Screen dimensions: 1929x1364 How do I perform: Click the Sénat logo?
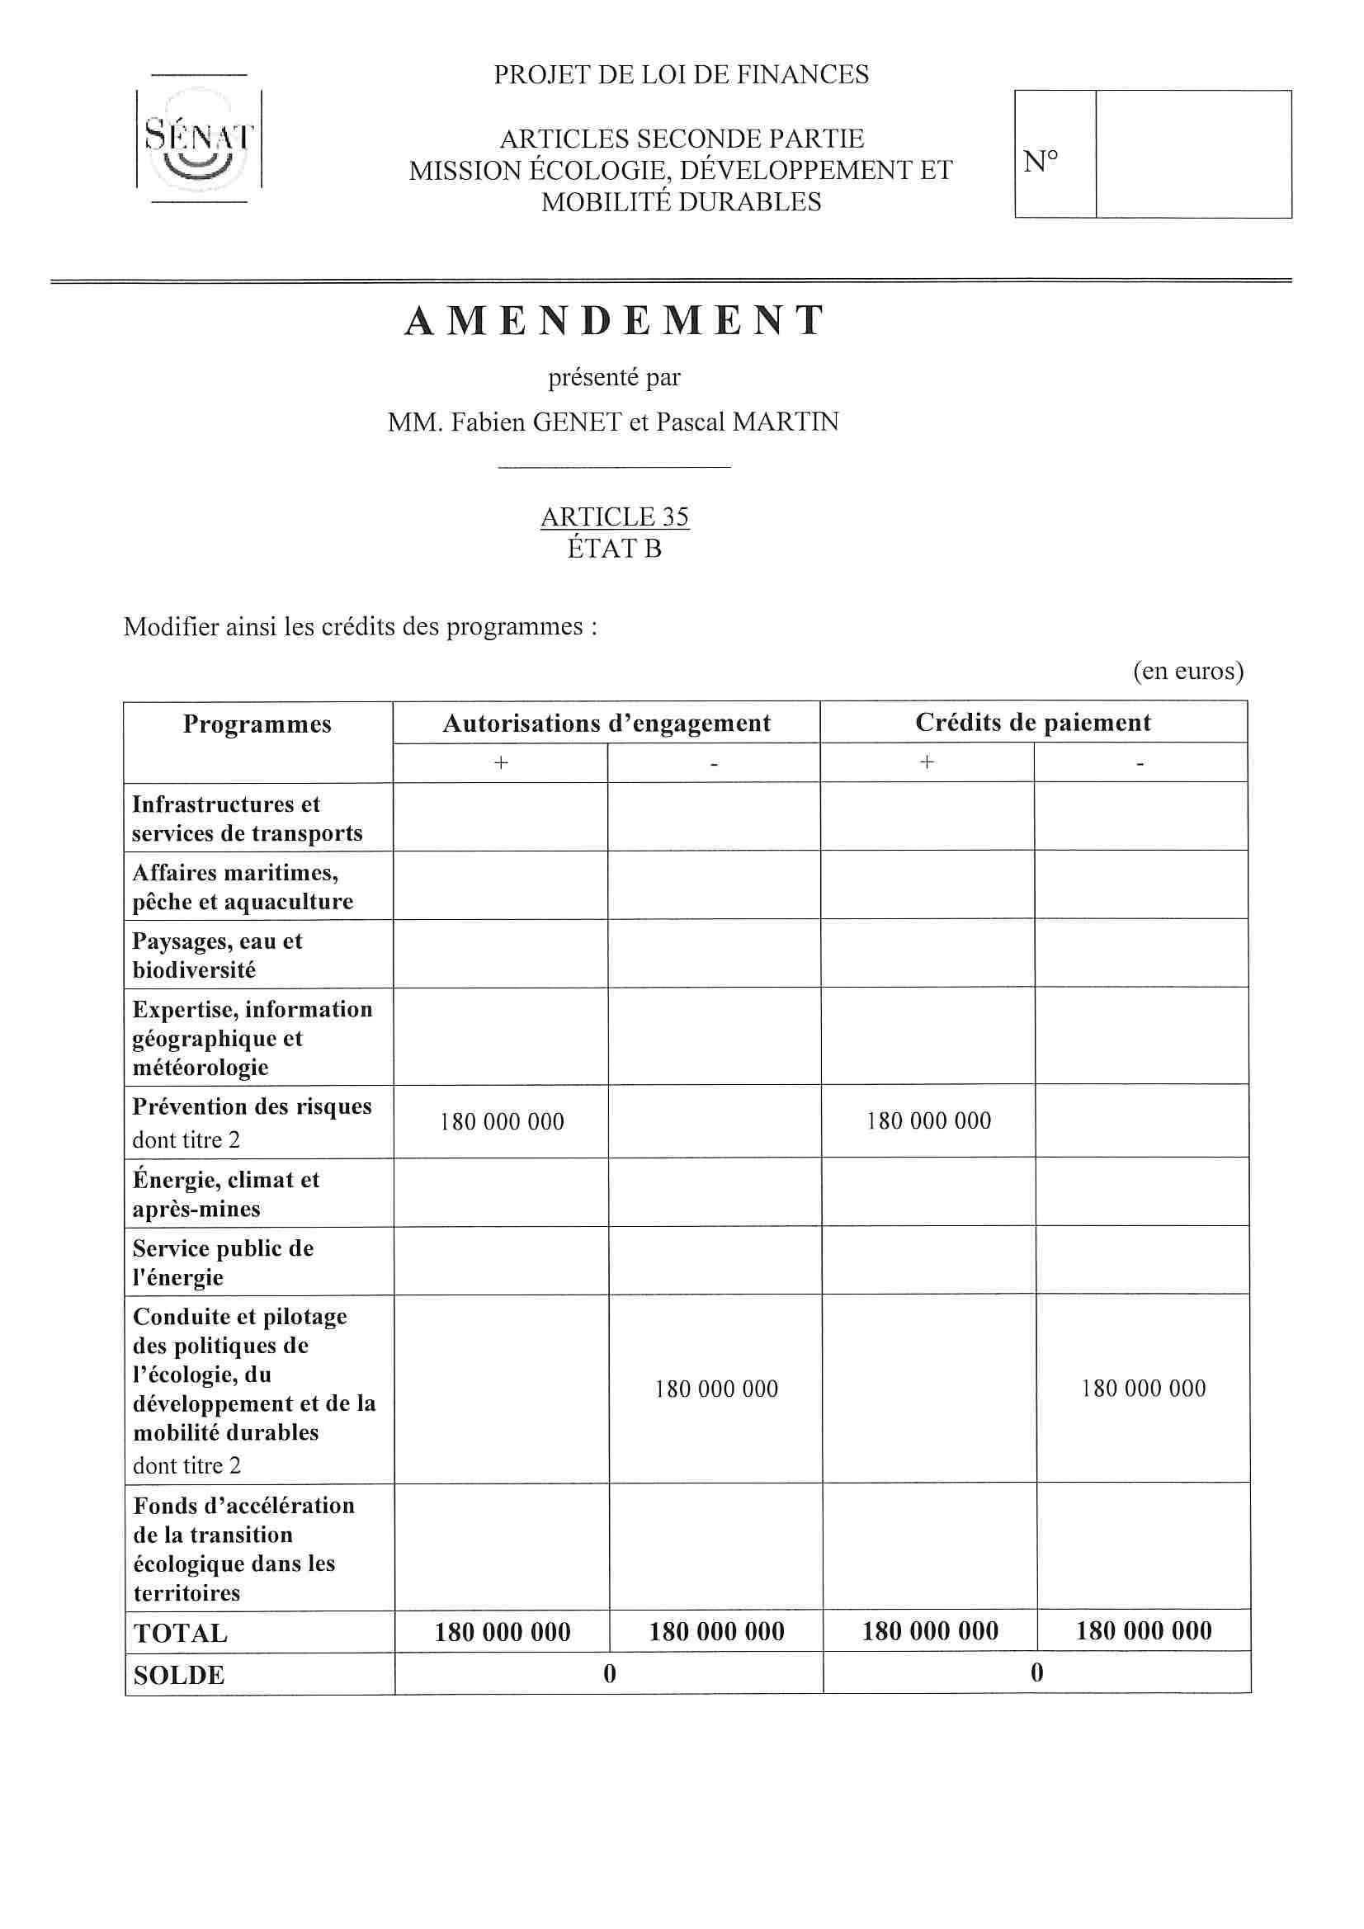(x=199, y=139)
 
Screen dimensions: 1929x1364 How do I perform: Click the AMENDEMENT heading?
(x=615, y=321)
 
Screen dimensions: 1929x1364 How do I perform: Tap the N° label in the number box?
(x=1041, y=162)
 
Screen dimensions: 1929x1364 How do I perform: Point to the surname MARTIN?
(x=785, y=422)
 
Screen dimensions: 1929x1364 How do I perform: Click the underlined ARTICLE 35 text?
(x=615, y=516)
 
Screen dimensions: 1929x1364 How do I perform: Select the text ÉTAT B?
(x=615, y=549)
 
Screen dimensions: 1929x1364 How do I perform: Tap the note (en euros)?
(x=1187, y=672)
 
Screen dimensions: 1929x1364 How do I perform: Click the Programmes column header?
(x=257, y=724)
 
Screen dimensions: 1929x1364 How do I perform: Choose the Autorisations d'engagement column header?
(x=606, y=724)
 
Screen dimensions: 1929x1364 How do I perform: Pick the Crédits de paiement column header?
(x=1033, y=723)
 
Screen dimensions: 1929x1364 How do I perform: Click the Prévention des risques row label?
(x=252, y=1106)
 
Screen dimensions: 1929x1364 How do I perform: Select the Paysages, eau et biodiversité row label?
(x=217, y=955)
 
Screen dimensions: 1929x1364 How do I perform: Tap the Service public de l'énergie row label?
(x=223, y=1262)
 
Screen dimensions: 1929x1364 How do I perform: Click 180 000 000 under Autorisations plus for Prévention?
(x=502, y=1121)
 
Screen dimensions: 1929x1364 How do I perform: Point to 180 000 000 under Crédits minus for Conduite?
(x=1143, y=1388)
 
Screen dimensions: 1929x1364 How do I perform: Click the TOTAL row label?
(x=181, y=1634)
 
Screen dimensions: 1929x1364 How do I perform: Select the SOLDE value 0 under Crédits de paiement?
(x=1036, y=1672)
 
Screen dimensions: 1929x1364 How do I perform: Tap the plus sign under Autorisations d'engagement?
(x=501, y=763)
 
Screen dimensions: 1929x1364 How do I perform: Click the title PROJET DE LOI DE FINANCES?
(x=681, y=76)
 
